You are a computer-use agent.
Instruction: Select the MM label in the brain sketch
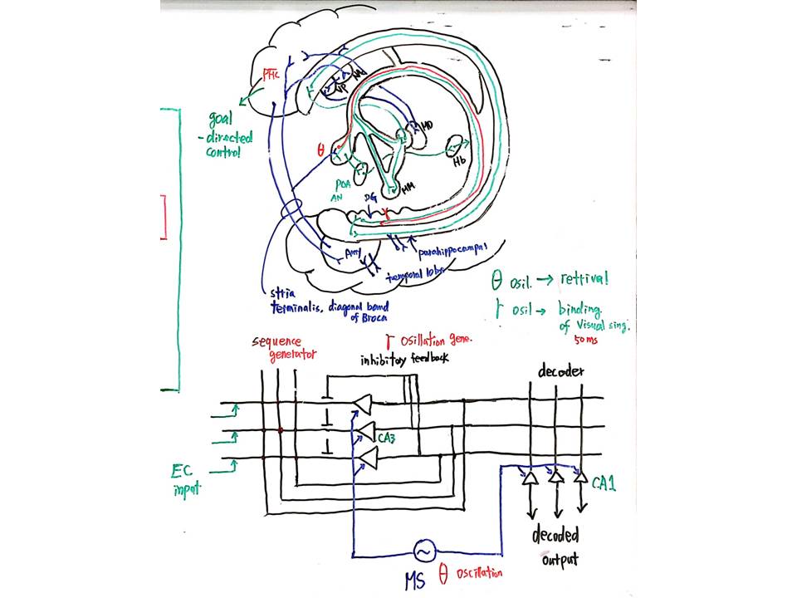(408, 189)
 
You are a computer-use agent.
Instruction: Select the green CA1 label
(604, 481)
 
